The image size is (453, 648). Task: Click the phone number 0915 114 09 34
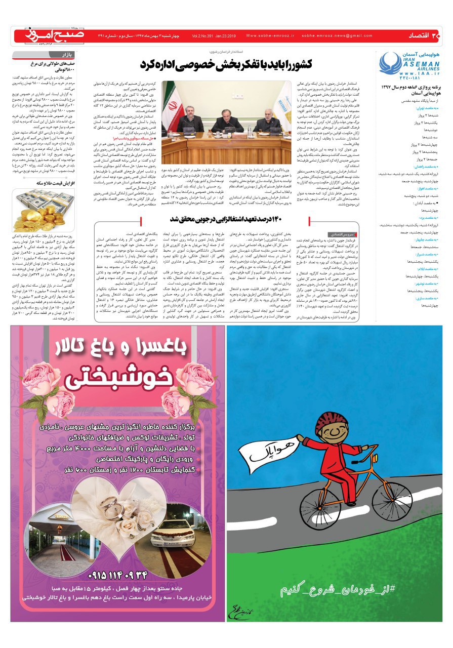pos(117,576)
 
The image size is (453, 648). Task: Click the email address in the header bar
pos(337,36)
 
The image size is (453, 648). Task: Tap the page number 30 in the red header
pos(437,35)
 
